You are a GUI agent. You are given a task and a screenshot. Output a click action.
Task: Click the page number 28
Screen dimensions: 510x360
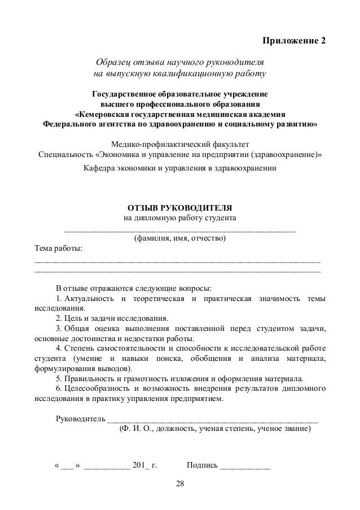coord(180,484)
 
